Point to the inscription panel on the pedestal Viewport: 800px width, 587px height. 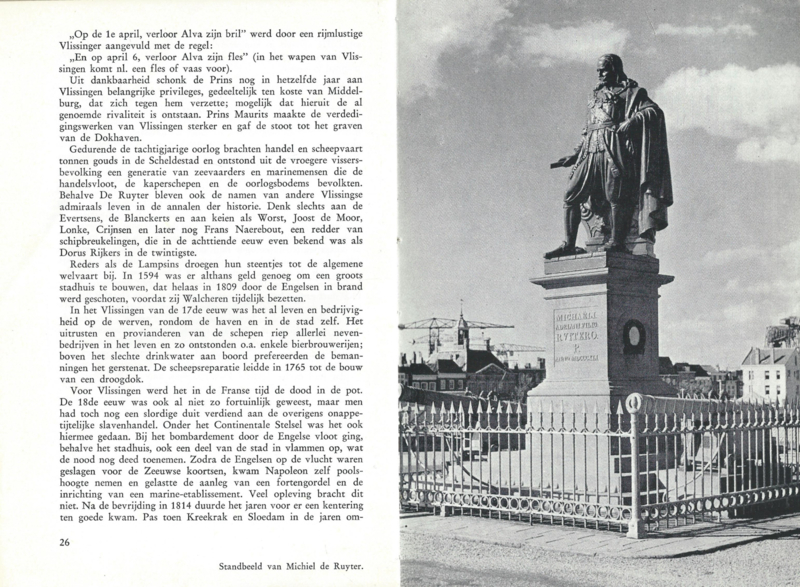click(577, 334)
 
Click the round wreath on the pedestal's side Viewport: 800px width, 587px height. click(634, 336)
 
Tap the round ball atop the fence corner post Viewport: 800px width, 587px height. click(632, 403)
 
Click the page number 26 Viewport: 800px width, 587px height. click(37, 542)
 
